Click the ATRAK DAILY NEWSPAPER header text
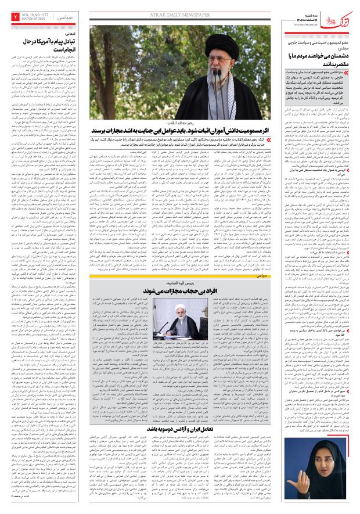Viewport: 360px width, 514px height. click(x=179, y=10)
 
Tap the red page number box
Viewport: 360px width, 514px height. click(x=16, y=16)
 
